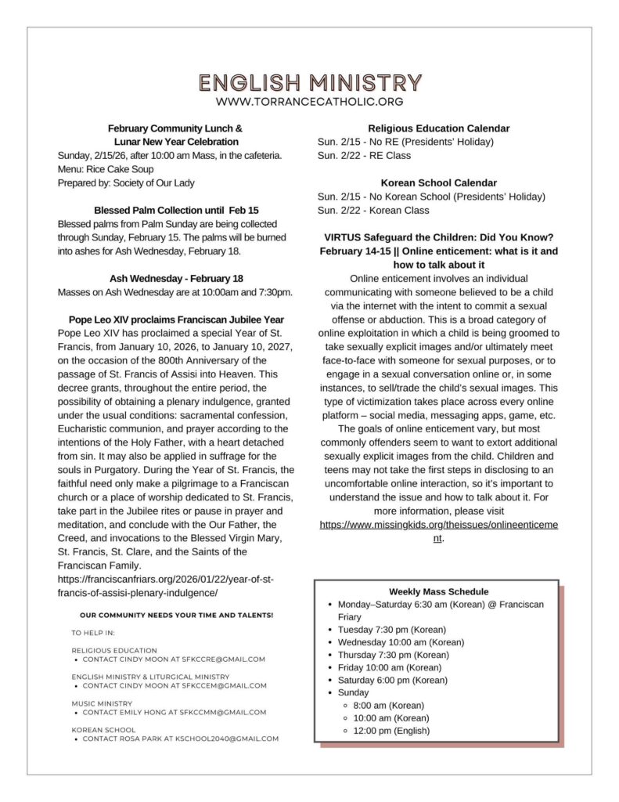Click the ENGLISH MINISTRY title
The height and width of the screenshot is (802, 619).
310,82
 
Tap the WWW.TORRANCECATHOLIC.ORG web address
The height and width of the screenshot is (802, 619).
310,102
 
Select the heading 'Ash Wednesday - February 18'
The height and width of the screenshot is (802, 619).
176,279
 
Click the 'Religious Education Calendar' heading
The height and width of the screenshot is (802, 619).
438,128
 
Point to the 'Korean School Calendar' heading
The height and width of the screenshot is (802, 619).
438,182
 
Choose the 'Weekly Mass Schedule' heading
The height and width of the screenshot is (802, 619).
438,592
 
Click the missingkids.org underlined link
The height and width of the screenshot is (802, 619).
438,524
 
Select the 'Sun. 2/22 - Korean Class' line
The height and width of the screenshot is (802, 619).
373,211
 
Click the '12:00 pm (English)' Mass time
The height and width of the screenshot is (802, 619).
391,731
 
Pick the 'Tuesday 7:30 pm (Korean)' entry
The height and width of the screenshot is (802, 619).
391,630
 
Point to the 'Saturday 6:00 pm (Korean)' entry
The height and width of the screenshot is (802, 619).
392,681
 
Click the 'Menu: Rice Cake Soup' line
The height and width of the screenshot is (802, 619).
106,169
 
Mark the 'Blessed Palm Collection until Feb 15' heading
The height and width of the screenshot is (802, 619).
176,211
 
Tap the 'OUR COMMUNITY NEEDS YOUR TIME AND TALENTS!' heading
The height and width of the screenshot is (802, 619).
176,616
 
